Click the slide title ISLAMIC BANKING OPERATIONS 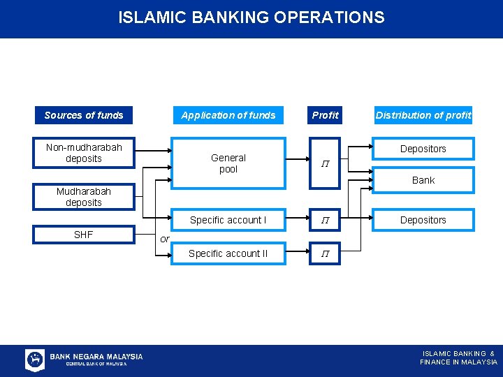(x=251, y=17)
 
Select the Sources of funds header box (x=84, y=115)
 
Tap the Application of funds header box (x=228, y=115)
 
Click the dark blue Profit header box (x=326, y=115)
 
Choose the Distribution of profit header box (x=423, y=115)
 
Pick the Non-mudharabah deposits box (x=84, y=153)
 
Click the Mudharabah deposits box (x=84, y=197)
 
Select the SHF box (x=84, y=235)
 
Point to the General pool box (x=228, y=163)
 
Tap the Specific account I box (x=228, y=220)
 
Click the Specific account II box (x=228, y=253)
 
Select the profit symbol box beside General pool (x=326, y=164)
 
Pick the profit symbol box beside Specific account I (x=326, y=220)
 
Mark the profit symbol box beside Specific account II (x=326, y=254)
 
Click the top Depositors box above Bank (x=423, y=149)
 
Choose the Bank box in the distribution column (x=423, y=180)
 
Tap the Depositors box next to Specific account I (x=423, y=220)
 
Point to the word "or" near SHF (x=165, y=239)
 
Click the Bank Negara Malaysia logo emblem (x=35, y=360)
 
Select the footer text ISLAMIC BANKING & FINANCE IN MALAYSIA (x=458, y=357)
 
